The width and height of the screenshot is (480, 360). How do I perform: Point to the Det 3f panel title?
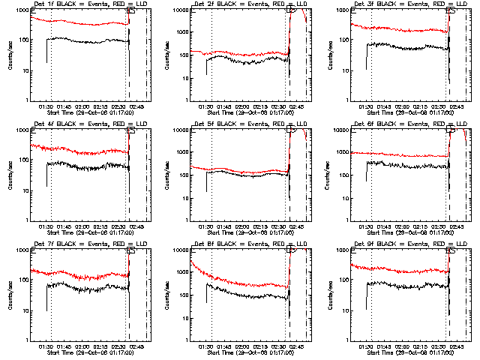tap(400, 5)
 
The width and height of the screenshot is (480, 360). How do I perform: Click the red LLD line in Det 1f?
tap(82, 22)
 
